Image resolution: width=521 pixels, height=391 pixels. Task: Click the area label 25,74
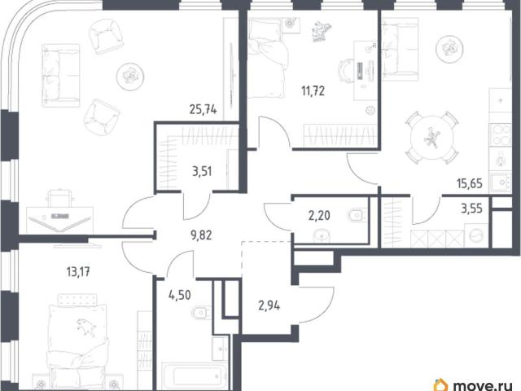point(203,109)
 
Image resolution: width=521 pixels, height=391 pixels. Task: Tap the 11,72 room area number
point(313,90)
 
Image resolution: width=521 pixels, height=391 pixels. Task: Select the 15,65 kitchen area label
point(470,183)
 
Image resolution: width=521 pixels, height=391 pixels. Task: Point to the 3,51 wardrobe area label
point(202,172)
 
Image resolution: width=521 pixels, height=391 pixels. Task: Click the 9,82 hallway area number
point(201,235)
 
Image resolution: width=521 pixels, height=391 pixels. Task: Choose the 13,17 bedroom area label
point(78,272)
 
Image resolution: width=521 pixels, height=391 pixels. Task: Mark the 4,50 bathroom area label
point(180,295)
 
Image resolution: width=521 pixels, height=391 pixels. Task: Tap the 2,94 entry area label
point(269,305)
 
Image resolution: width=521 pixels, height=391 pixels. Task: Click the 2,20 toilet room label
point(319,216)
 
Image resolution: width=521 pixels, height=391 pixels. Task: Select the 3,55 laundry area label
point(471,209)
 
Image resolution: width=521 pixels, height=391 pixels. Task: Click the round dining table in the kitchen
point(432,137)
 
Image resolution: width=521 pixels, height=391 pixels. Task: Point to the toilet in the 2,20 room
point(357,215)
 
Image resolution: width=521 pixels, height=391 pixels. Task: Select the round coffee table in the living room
point(130,77)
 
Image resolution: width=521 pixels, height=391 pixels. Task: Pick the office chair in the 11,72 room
point(346,71)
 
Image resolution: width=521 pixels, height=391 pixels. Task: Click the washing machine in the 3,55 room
point(476,235)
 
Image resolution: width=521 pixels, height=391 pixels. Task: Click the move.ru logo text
point(482,385)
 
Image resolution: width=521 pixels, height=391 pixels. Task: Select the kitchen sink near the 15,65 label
point(501,182)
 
